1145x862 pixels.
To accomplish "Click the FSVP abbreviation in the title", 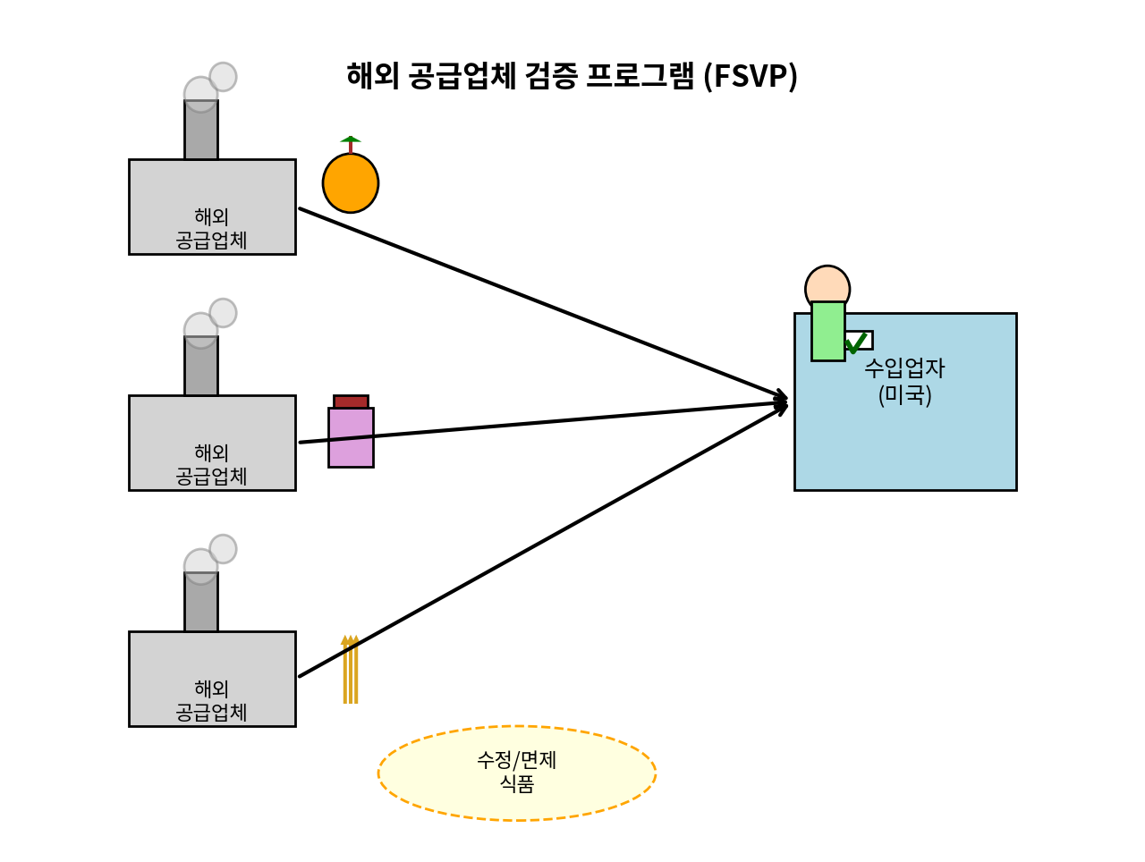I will [x=751, y=76].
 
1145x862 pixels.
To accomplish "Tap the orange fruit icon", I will [x=351, y=183].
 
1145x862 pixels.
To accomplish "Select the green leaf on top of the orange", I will [x=351, y=139].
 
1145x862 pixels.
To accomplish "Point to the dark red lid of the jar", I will [x=351, y=401].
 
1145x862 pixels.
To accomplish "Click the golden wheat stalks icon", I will [x=351, y=671].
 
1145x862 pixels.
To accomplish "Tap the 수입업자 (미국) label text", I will [x=904, y=381].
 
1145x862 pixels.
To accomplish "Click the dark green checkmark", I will [x=856, y=343].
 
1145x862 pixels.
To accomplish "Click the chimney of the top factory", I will [x=201, y=134].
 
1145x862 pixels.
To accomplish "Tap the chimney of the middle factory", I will [x=201, y=370].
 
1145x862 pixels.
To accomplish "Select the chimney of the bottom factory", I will [x=201, y=606].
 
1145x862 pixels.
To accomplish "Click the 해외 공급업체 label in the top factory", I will [x=212, y=229].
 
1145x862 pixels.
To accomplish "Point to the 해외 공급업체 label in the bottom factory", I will [x=212, y=701].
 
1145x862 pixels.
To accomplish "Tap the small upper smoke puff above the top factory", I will [x=223, y=77].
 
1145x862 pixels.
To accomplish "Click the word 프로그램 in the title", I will [x=640, y=76].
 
